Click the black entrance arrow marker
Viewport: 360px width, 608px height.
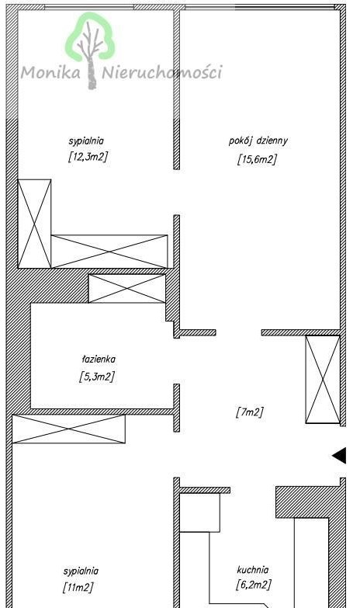click(x=339, y=456)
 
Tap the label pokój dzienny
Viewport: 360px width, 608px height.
click(x=258, y=141)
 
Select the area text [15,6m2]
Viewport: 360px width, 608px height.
click(x=257, y=159)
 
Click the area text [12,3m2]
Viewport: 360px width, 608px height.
click(x=88, y=157)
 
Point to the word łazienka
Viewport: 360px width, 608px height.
click(x=99, y=360)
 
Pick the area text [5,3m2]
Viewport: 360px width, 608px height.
click(x=97, y=377)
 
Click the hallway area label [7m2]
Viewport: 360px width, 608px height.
click(x=250, y=412)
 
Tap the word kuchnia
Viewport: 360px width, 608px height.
click(x=253, y=570)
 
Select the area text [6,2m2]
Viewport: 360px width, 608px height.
click(x=254, y=585)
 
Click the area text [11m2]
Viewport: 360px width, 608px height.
click(x=78, y=588)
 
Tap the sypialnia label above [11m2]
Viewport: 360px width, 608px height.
click(x=81, y=572)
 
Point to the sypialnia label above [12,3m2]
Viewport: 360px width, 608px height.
click(x=86, y=141)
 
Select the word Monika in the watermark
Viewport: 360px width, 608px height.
click(x=50, y=72)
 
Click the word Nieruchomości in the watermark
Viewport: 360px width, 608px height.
click(x=162, y=72)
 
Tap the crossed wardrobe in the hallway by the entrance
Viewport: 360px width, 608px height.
click(x=323, y=379)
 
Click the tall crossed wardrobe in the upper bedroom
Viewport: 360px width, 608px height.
click(x=34, y=224)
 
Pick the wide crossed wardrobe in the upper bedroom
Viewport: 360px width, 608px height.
click(x=109, y=252)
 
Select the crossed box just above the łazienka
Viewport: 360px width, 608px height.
click(x=127, y=289)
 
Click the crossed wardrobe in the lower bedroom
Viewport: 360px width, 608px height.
click(x=68, y=429)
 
